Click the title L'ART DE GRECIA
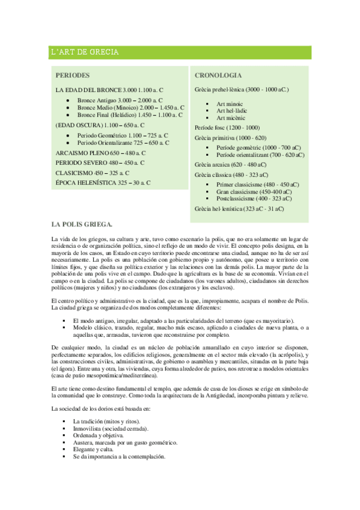tap(85, 53)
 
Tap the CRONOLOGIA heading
tap(218, 76)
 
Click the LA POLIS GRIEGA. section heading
tap(82, 225)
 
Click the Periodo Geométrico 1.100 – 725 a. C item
tap(123, 136)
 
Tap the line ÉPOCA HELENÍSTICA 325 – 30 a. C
tap(103, 182)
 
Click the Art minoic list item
tap(230, 104)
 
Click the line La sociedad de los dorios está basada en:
tap(101, 410)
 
